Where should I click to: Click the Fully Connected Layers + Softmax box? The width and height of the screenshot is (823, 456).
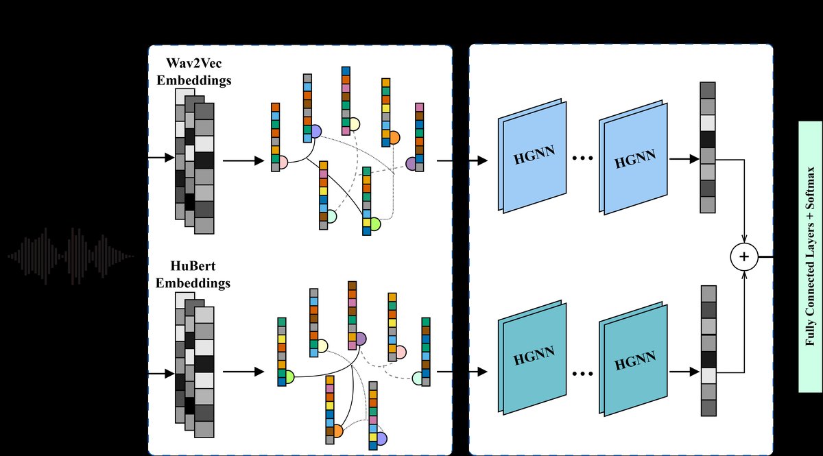(x=811, y=256)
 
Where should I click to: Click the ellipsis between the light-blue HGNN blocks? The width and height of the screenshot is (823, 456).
(x=582, y=159)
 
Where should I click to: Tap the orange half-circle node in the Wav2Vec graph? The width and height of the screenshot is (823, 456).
(x=394, y=136)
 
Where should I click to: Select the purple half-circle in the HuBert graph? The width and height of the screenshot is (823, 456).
(x=360, y=338)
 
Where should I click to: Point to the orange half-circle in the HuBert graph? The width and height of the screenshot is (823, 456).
(x=337, y=431)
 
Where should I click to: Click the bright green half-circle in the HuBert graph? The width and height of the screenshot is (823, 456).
(x=289, y=376)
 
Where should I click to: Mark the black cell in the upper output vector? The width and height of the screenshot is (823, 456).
(x=708, y=140)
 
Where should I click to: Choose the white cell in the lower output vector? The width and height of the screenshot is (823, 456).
(x=708, y=375)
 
